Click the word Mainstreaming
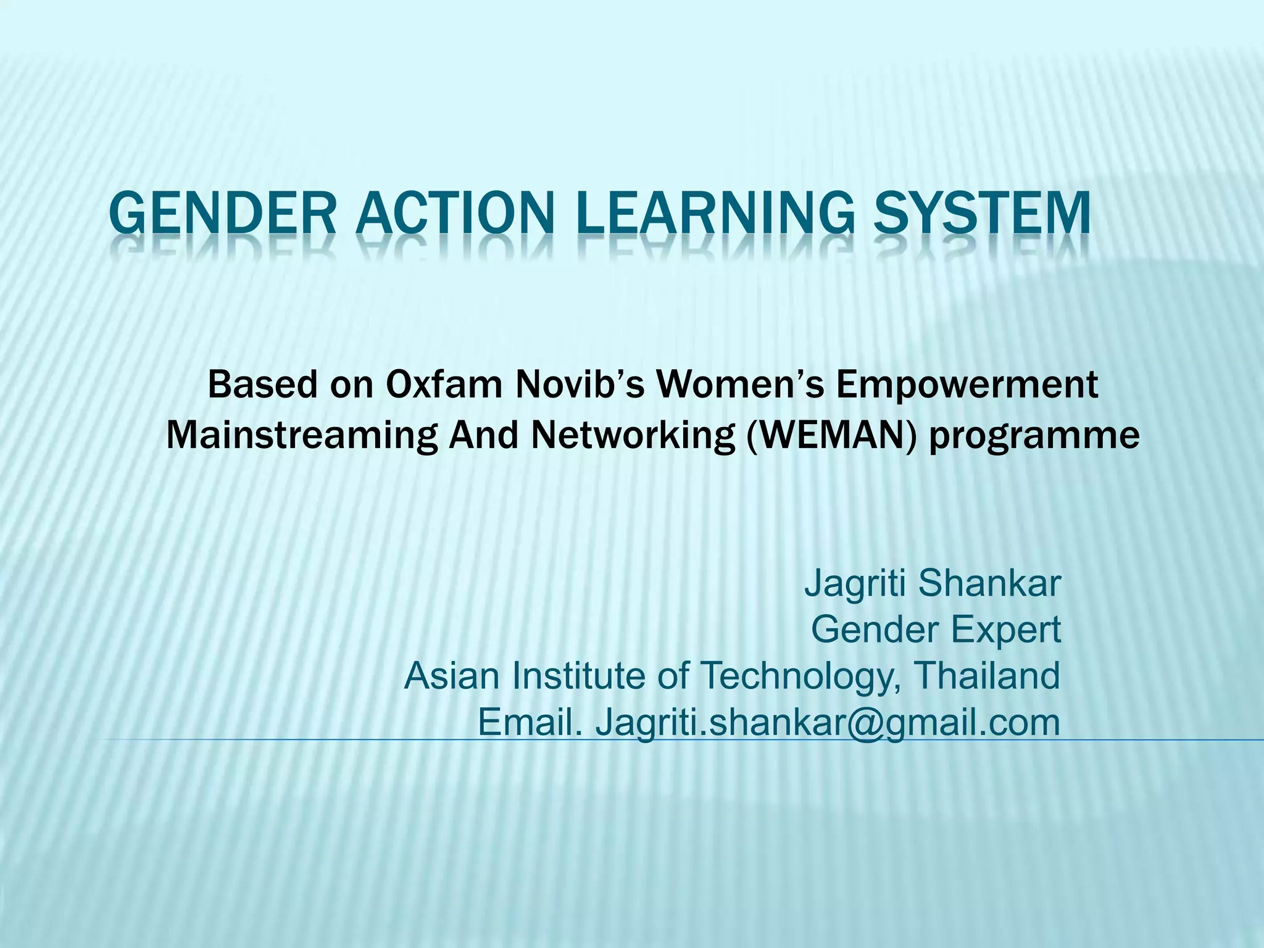tap(302, 435)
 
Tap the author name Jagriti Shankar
tap(932, 583)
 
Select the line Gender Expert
tap(936, 630)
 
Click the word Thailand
tap(986, 675)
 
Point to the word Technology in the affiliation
tap(799, 676)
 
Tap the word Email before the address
tap(530, 722)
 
